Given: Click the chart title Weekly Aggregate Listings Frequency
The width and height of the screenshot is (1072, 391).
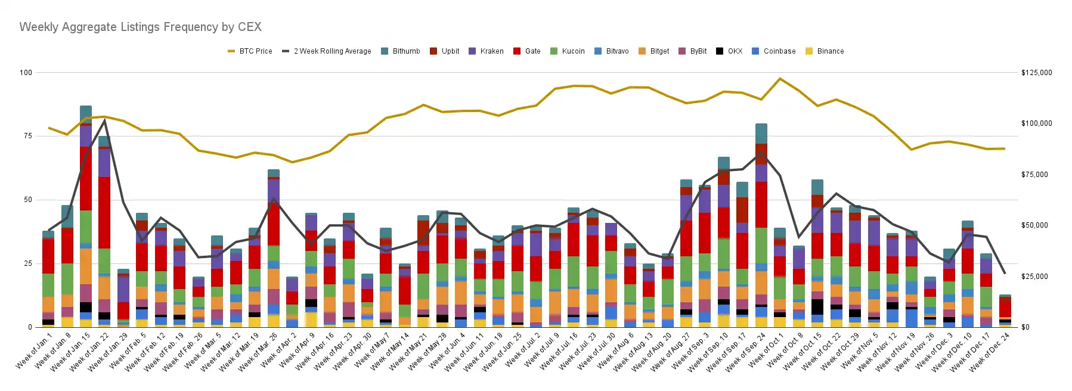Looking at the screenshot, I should pos(140,27).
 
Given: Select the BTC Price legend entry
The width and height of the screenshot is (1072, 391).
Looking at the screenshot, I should pos(250,51).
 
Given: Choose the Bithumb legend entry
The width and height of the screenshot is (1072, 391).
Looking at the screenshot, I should pos(400,51).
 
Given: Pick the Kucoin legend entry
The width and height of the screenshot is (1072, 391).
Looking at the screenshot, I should pos(567,51).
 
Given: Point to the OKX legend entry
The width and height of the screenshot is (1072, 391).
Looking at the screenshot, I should pos(729,51).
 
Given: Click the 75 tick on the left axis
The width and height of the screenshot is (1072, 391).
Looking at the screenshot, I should pos(27,136).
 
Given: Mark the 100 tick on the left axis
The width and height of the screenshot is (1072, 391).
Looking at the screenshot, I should pos(26,72).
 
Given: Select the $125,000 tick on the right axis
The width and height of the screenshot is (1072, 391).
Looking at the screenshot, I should pos(1036,73).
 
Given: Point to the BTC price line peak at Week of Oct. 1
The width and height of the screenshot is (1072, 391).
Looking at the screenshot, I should pos(780,79).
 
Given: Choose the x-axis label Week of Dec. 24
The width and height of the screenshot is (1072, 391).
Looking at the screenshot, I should pos(990,352).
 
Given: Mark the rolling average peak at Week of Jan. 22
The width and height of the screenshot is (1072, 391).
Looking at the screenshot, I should pos(105,120).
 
